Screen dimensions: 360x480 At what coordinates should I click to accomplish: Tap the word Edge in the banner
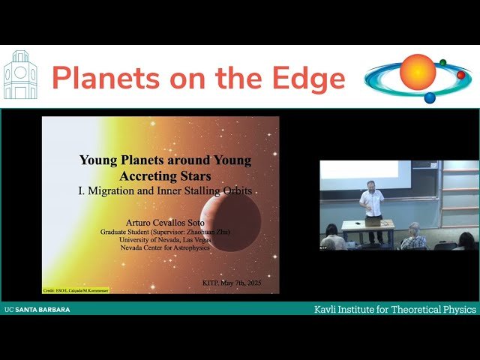coord(309,78)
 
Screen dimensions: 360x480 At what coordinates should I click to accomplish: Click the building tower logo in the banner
coord(20,76)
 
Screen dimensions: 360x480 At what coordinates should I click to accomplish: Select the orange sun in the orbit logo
coord(418,73)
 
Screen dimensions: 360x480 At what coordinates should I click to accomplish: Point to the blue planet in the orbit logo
coord(430,97)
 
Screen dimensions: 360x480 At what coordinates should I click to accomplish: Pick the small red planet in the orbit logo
coord(460,75)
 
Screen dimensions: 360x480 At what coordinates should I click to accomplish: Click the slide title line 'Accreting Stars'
coord(166,175)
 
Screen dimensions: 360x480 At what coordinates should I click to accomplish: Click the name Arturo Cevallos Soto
coord(165,223)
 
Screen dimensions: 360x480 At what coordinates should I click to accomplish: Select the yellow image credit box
coord(76,289)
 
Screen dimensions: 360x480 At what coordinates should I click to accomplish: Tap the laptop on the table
coord(373,221)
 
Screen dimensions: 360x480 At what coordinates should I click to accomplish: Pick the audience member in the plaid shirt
coord(414,239)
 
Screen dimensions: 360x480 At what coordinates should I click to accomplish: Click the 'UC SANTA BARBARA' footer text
coord(37,309)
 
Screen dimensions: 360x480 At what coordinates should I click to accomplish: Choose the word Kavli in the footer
coord(327,309)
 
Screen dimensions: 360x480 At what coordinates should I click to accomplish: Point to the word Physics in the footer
coord(456,309)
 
